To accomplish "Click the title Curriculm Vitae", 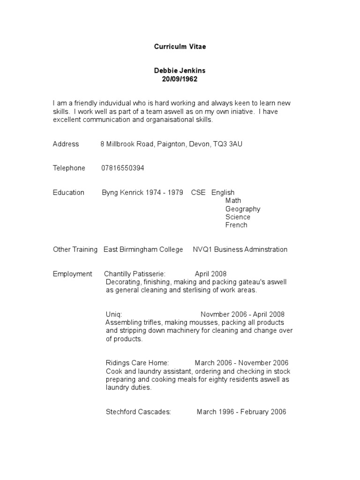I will click(x=180, y=47).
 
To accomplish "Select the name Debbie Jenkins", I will click(x=180, y=71).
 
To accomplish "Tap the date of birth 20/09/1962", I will click(x=180, y=79).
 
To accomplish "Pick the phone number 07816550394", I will click(x=123, y=168).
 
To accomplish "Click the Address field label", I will click(x=66, y=144).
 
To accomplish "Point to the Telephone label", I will click(x=69, y=168).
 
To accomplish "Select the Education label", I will click(x=68, y=193).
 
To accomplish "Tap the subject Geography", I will click(x=243, y=209).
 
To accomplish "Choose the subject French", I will click(x=236, y=225).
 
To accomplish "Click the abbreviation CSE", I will click(x=198, y=193).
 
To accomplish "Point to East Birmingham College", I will click(x=143, y=249).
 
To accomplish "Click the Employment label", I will click(x=73, y=274).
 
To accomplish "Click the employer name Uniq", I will click(x=114, y=315).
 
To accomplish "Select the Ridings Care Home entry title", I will click(x=137, y=363).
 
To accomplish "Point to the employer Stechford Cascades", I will click(x=138, y=412).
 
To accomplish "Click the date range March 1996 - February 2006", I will click(x=241, y=412).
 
